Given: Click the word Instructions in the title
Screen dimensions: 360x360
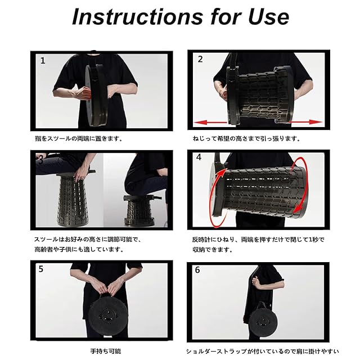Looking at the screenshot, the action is pos(137,16).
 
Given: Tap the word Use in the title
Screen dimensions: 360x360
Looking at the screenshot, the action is pos(268,16).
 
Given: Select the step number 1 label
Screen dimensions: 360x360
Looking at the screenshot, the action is pos(43,61).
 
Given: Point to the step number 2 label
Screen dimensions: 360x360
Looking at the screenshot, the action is pos(200,59).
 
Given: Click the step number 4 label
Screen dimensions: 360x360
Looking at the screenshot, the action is pos(199,157).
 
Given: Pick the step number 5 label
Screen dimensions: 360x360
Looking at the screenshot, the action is pos(41,269).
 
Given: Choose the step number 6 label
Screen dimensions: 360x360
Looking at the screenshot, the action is pos(197,270).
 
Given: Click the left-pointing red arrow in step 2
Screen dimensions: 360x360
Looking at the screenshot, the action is pos(210,123).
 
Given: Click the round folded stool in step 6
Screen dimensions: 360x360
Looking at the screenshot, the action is pos(261,319).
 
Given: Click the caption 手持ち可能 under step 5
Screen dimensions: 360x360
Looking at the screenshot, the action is pos(105,351).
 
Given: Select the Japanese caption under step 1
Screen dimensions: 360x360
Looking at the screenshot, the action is pos(79,138).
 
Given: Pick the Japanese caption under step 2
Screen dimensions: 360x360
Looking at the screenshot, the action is pos(246,138).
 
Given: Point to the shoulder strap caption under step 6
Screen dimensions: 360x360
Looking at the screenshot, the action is pos(262,351).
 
